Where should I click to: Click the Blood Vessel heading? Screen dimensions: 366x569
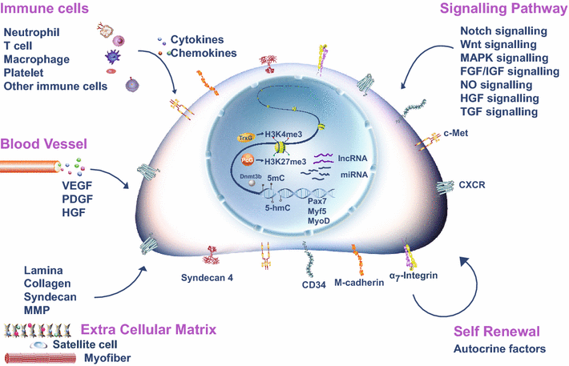click(x=42, y=145)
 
